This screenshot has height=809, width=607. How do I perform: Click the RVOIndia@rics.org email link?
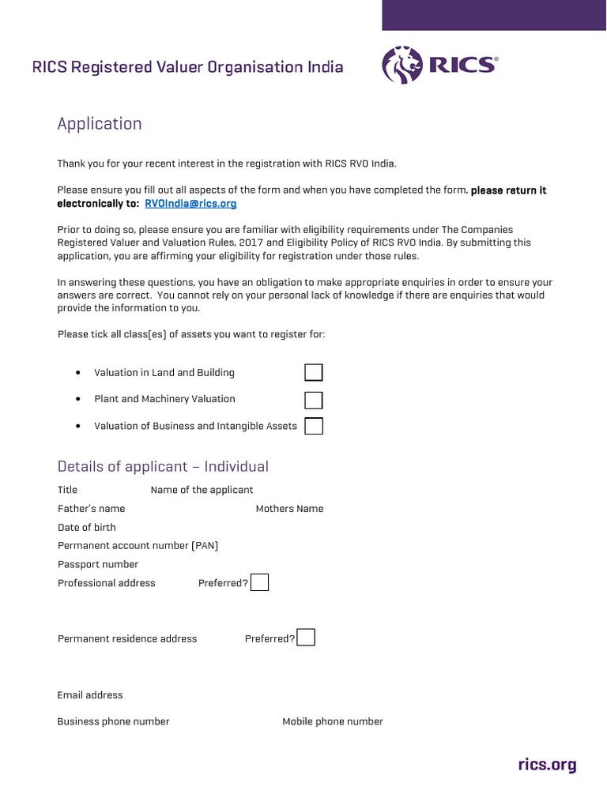(190, 203)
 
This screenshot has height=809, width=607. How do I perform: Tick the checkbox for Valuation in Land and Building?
(314, 372)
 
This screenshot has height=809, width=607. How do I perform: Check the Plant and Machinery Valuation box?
(314, 399)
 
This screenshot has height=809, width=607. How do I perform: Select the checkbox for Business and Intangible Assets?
(314, 426)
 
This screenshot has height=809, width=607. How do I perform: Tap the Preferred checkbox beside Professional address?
(259, 582)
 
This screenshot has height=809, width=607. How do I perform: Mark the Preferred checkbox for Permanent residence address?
(306, 638)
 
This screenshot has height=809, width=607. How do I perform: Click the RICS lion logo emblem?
(402, 65)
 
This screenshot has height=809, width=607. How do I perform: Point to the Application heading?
(100, 123)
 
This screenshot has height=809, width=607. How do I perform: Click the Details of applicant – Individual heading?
(163, 466)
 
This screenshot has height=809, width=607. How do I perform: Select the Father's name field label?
(91, 508)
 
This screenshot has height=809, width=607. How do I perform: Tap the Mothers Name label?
(289, 508)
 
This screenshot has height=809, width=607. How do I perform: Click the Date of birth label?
(87, 527)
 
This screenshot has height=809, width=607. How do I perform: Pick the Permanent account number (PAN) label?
(138, 545)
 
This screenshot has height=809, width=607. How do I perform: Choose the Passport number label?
(98, 564)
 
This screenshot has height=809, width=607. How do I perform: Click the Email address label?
(90, 695)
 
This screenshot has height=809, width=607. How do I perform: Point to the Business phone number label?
(113, 721)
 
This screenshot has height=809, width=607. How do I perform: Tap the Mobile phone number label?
(333, 721)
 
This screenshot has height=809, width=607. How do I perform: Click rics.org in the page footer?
(547, 765)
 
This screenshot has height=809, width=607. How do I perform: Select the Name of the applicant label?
(202, 490)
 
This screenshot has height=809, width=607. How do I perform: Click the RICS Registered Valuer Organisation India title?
(187, 67)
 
